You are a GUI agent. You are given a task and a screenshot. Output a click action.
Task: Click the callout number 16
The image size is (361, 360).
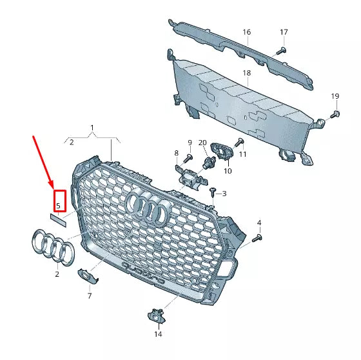[246, 32]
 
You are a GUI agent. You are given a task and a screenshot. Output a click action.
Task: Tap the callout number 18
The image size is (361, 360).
[246, 74]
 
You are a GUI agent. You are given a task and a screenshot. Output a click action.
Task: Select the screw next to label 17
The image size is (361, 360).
[280, 50]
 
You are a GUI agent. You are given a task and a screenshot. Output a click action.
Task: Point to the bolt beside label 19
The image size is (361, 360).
[335, 115]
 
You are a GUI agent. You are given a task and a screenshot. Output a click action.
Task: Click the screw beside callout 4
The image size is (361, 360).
[257, 238]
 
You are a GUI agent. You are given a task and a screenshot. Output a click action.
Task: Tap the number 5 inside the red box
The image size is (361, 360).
[58, 206]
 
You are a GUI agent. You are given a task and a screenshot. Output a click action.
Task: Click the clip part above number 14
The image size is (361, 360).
[156, 315]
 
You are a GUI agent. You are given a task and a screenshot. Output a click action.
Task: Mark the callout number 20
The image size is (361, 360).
[202, 143]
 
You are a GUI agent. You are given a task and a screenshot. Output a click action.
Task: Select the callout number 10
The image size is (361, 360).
[228, 172]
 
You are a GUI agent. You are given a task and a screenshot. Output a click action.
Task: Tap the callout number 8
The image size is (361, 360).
[176, 153]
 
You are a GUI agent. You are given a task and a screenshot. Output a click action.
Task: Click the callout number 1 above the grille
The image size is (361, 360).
[92, 128]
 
